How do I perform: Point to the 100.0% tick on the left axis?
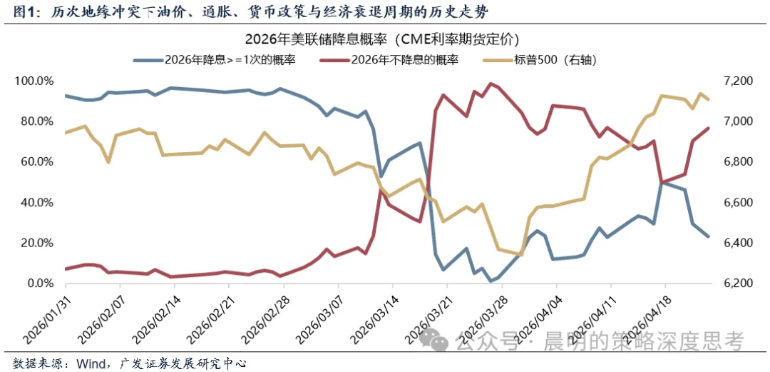(34, 81)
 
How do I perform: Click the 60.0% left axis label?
(35, 162)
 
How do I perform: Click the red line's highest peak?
(490, 84)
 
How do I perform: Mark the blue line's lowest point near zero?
(491, 281)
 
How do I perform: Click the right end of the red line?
(708, 129)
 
